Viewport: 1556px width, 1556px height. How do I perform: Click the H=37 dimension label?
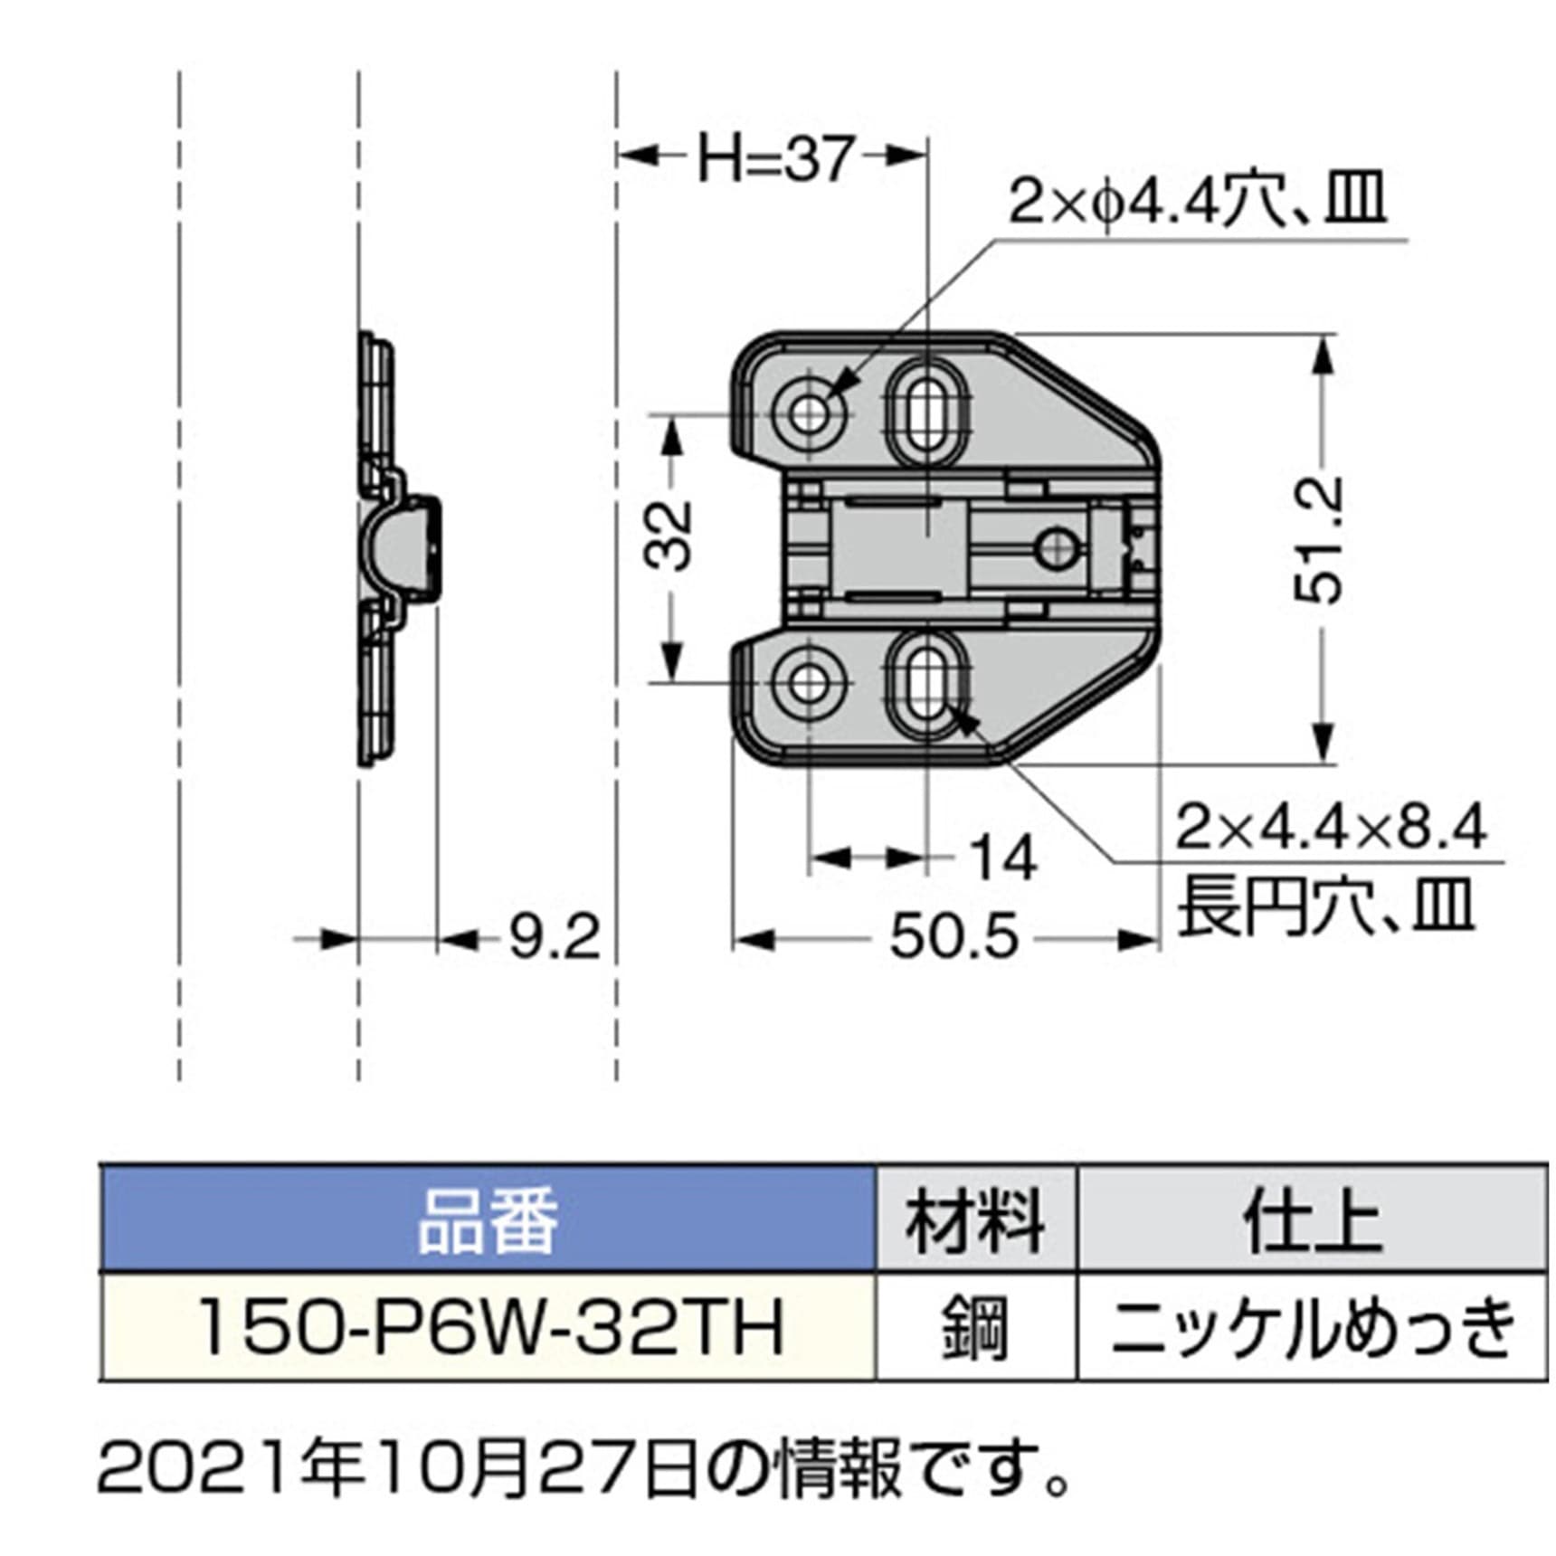pyautogui.click(x=774, y=160)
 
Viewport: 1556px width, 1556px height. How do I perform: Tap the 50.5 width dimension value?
pyautogui.click(x=954, y=937)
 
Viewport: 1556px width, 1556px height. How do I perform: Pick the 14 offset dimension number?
pyautogui.click(x=1002, y=859)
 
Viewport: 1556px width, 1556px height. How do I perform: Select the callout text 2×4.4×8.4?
pyautogui.click(x=1330, y=827)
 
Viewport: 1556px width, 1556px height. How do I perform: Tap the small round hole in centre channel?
pyautogui.click(x=1055, y=547)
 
